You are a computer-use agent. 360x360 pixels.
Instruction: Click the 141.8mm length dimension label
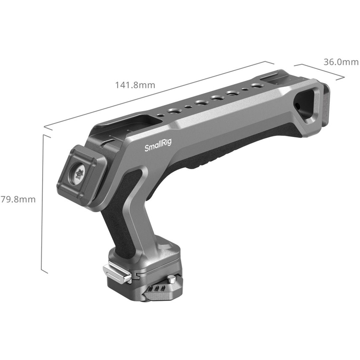(x=135, y=85)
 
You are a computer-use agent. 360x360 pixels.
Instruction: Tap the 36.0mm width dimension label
(x=341, y=62)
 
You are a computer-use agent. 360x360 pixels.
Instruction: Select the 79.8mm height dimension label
(x=18, y=199)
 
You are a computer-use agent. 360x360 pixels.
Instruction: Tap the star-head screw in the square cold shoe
(x=80, y=174)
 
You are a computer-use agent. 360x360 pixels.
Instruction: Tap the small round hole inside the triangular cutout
(x=298, y=106)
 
